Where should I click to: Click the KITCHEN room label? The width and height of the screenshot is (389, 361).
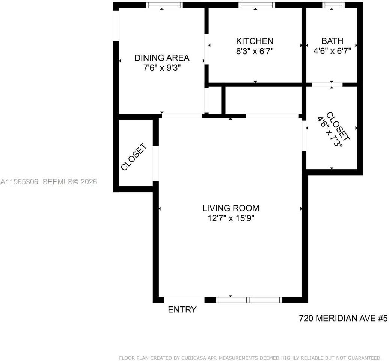coord(255,41)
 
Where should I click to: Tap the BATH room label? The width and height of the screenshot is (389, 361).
coord(332,41)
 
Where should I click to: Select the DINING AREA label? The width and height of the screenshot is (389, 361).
coord(162,58)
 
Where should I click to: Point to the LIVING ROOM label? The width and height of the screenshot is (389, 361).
coord(231,208)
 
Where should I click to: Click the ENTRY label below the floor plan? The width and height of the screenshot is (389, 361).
coord(182,309)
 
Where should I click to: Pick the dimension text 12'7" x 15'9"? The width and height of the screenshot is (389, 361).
coord(231,218)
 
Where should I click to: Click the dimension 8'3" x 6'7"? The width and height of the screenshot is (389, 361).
coord(255,51)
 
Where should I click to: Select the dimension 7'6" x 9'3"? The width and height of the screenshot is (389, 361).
coord(162,68)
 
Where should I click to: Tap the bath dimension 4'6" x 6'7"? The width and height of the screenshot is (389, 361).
coord(332,51)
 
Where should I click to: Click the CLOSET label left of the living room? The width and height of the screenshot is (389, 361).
coord(133,157)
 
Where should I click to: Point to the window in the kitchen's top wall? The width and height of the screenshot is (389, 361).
coord(257,5)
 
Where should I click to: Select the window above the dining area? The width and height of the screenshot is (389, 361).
coord(164,5)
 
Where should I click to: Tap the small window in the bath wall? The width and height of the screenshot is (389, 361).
coord(333,5)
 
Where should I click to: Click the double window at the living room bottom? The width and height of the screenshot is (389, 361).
coord(249,300)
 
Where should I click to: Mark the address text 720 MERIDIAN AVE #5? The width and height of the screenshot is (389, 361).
coord(343,318)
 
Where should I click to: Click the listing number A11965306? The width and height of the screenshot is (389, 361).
coord(19,182)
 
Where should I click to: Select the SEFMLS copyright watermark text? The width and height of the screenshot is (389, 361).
coord(70,182)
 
